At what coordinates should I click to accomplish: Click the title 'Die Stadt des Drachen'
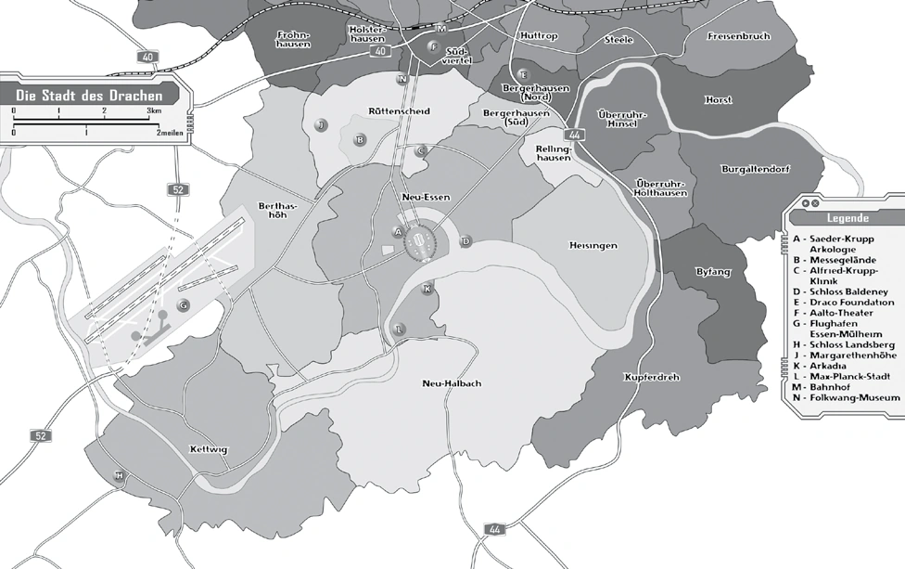pyautogui.click(x=90, y=96)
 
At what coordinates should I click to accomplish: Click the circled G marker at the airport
pyautogui.click(x=184, y=304)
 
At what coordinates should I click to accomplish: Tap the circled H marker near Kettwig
pyautogui.click(x=119, y=476)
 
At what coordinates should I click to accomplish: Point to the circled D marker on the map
pyautogui.click(x=466, y=241)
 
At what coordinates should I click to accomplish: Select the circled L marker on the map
pyautogui.click(x=400, y=329)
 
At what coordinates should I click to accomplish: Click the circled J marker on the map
pyautogui.click(x=321, y=124)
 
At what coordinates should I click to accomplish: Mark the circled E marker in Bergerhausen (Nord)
pyautogui.click(x=523, y=74)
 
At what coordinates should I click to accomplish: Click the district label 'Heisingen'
pyautogui.click(x=593, y=245)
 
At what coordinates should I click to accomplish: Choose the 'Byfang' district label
pyautogui.click(x=712, y=272)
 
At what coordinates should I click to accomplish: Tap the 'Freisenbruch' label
pyautogui.click(x=738, y=37)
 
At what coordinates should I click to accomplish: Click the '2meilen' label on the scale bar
pyautogui.click(x=169, y=133)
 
